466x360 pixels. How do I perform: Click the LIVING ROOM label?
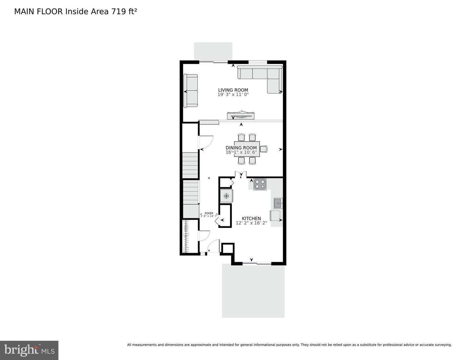coord(233,90)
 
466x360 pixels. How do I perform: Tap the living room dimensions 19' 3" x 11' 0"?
coord(233,95)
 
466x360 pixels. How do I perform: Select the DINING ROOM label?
coord(241,148)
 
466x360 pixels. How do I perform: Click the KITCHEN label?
coord(251,219)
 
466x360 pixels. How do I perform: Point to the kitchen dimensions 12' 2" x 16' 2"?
coord(251,223)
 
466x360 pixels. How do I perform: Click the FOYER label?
coord(209,213)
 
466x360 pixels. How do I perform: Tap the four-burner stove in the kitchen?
coord(260,184)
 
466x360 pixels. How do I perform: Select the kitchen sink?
coord(278,203)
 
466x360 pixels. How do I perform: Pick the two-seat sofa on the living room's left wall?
coord(191,91)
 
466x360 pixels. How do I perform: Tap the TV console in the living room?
coord(241,116)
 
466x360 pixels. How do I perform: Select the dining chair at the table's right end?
coord(264,149)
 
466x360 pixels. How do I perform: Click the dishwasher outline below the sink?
coord(276,215)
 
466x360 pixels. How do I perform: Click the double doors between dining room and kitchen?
coord(240,174)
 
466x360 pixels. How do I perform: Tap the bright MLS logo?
coord(29,350)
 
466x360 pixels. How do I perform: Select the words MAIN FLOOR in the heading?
coord(39,12)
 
